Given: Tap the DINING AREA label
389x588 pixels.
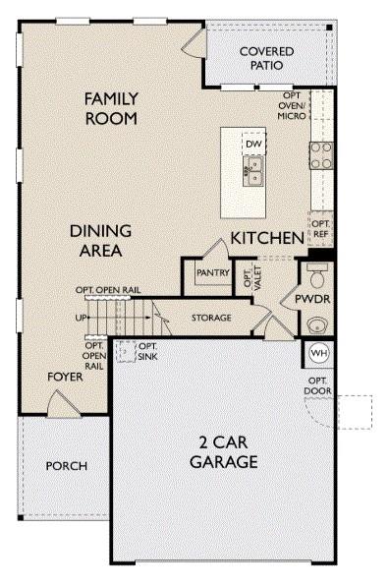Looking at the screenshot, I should pyautogui.click(x=100, y=241).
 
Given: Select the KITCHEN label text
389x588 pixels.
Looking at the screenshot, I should pyautogui.click(x=265, y=238).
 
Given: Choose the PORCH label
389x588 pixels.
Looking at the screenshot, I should pyautogui.click(x=67, y=465).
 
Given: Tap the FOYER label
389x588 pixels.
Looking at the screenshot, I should pyautogui.click(x=65, y=377).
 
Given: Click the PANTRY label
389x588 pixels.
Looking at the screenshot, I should pyautogui.click(x=212, y=272).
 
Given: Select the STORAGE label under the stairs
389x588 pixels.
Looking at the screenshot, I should pyautogui.click(x=211, y=318).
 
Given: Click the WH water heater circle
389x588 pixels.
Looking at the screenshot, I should pyautogui.click(x=318, y=352).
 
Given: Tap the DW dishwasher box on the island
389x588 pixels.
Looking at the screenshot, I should pyautogui.click(x=253, y=145).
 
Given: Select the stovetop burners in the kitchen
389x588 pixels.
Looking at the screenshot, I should pyautogui.click(x=320, y=154).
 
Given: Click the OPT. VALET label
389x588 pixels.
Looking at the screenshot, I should pyautogui.click(x=249, y=275).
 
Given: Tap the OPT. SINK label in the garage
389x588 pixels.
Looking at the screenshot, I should pyautogui.click(x=147, y=351).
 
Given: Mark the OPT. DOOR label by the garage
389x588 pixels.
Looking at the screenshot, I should pyautogui.click(x=317, y=385).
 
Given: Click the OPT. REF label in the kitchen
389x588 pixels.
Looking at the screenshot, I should pyautogui.click(x=320, y=228).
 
